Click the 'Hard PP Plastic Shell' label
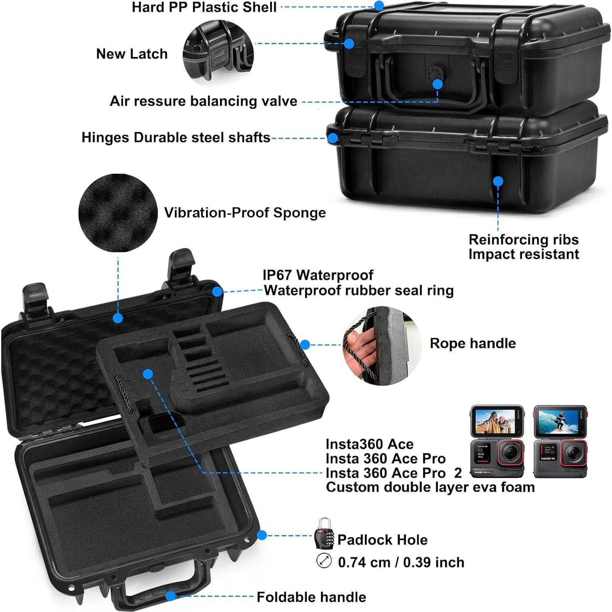[204, 7]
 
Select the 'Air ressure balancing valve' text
[203, 101]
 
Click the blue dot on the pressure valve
[437, 84]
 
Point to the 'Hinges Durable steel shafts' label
[176, 137]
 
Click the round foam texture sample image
[118, 213]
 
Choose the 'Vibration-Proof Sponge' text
[245, 213]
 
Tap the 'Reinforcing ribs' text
[523, 239]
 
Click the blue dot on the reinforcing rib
[498, 182]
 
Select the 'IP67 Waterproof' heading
[318, 275]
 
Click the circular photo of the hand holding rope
[381, 345]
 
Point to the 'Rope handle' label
[473, 343]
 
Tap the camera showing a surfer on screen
[560, 442]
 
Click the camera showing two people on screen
[497, 442]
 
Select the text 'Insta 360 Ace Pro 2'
[393, 473]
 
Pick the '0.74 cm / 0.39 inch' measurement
[401, 562]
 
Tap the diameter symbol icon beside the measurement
[324, 560]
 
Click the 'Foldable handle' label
[311, 597]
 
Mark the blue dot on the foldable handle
[171, 596]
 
